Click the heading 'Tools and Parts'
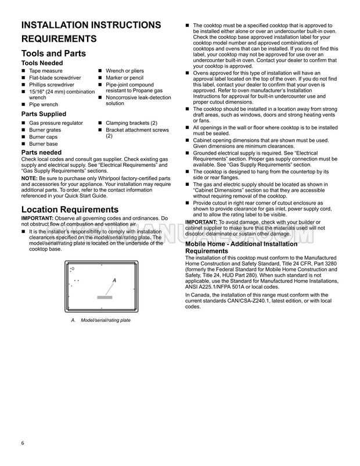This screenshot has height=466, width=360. click(53, 53)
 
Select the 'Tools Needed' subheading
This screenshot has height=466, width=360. click(42, 63)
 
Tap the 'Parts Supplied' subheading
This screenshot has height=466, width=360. click(43, 114)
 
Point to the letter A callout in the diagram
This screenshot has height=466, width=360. click(114, 281)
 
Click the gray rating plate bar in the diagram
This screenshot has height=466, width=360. click(105, 297)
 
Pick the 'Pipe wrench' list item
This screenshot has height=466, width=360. click(44, 104)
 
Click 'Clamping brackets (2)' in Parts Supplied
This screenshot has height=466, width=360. click(131, 123)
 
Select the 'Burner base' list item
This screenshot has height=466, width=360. click(44, 144)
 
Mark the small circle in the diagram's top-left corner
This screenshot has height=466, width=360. click(73, 269)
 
